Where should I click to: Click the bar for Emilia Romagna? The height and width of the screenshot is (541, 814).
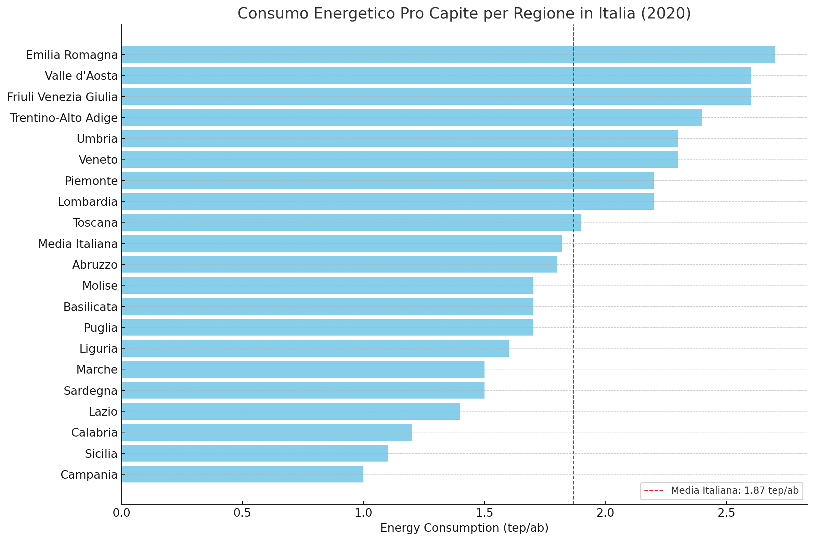coord(448,54)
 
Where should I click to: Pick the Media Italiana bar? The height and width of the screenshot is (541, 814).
coord(341,243)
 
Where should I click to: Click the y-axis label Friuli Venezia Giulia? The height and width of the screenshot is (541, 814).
coord(62,97)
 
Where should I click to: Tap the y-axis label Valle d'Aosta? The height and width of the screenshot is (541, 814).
coord(81,76)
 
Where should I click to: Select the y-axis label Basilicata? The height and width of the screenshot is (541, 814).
coord(90,307)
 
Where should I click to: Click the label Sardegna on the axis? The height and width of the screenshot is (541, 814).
coord(91,391)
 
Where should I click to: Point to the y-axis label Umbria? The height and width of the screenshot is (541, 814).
coord(97,139)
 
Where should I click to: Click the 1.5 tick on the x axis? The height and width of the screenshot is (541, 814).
coord(484,513)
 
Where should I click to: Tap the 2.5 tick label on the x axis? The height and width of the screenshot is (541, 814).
coord(726,513)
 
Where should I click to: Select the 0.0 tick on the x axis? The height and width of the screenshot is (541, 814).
coord(121,513)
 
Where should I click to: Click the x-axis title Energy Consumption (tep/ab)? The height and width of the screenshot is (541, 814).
coord(464,528)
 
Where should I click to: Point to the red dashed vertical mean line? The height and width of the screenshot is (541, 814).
coord(573,362)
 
